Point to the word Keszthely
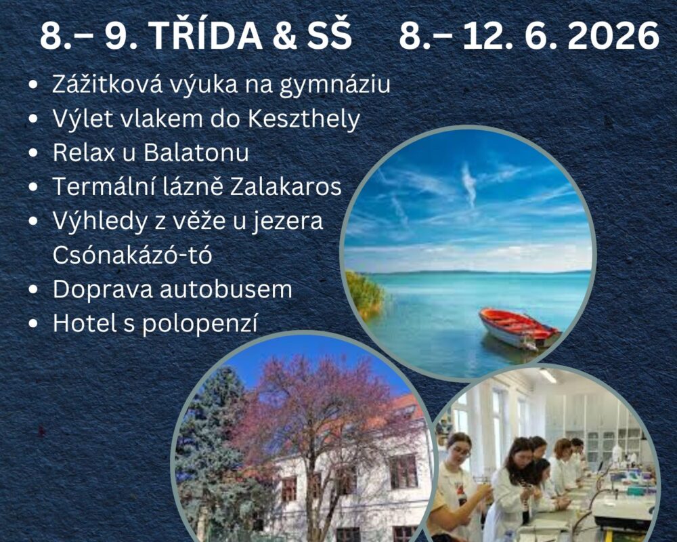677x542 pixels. click(x=303, y=119)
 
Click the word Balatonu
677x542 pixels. click(x=196, y=153)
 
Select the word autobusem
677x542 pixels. click(x=226, y=289)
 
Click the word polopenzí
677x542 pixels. click(x=200, y=324)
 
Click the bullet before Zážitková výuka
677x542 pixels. click(x=33, y=86)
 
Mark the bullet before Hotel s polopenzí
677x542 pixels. click(x=33, y=324)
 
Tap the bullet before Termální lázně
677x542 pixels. click(x=33, y=188)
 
